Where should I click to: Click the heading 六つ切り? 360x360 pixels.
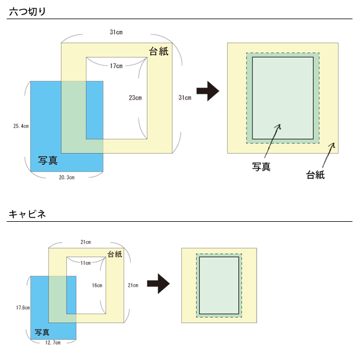pyautogui.click(x=27, y=12)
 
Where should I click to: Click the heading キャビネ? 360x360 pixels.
pyautogui.click(x=27, y=214)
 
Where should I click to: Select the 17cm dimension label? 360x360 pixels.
pyautogui.click(x=116, y=66)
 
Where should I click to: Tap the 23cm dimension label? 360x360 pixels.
pyautogui.click(x=135, y=98)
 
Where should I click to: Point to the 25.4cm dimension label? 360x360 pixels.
pyautogui.click(x=20, y=125)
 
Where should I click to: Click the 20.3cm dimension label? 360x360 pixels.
pyautogui.click(x=67, y=178)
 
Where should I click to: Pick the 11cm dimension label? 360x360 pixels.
pyautogui.click(x=85, y=263)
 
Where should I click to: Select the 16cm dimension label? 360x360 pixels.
pyautogui.click(x=97, y=285)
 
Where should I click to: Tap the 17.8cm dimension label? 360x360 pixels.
pyautogui.click(x=23, y=307)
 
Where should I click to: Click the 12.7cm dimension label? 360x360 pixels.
pyautogui.click(x=53, y=343)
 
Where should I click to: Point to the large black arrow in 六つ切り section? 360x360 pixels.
pyautogui.click(x=207, y=91)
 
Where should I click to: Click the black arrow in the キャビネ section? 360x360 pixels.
pyautogui.click(x=157, y=284)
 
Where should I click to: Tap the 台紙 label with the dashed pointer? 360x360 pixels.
pyautogui.click(x=315, y=174)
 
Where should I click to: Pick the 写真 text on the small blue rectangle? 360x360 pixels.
pyautogui.click(x=42, y=332)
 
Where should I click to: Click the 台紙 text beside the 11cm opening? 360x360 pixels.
pyautogui.click(x=115, y=254)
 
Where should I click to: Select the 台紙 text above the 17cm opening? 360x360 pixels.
pyautogui.click(x=159, y=51)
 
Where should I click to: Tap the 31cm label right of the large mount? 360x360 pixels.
pyautogui.click(x=185, y=98)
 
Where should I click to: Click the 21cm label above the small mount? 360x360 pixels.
pyautogui.click(x=85, y=242)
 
